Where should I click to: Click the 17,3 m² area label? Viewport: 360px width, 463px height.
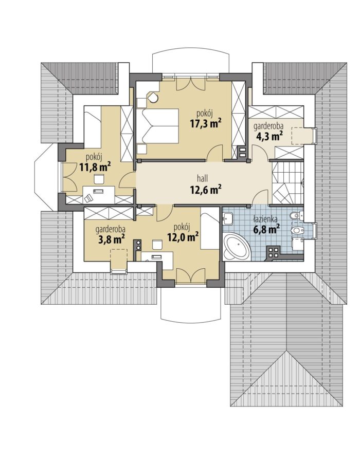click(x=206, y=123)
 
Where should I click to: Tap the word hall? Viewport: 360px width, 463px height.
click(x=203, y=178)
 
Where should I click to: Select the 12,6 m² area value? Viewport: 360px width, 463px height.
click(x=206, y=189)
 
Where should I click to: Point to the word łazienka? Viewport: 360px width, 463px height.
click(x=265, y=219)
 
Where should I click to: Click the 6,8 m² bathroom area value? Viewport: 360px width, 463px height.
click(x=266, y=229)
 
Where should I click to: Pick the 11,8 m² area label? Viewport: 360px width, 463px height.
click(x=95, y=168)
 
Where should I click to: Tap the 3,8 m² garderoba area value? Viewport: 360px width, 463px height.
click(x=111, y=239)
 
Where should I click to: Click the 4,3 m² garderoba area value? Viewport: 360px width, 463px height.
click(x=268, y=136)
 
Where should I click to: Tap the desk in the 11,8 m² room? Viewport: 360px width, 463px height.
click(x=99, y=194)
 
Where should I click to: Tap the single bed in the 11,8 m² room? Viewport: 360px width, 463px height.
click(x=93, y=126)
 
